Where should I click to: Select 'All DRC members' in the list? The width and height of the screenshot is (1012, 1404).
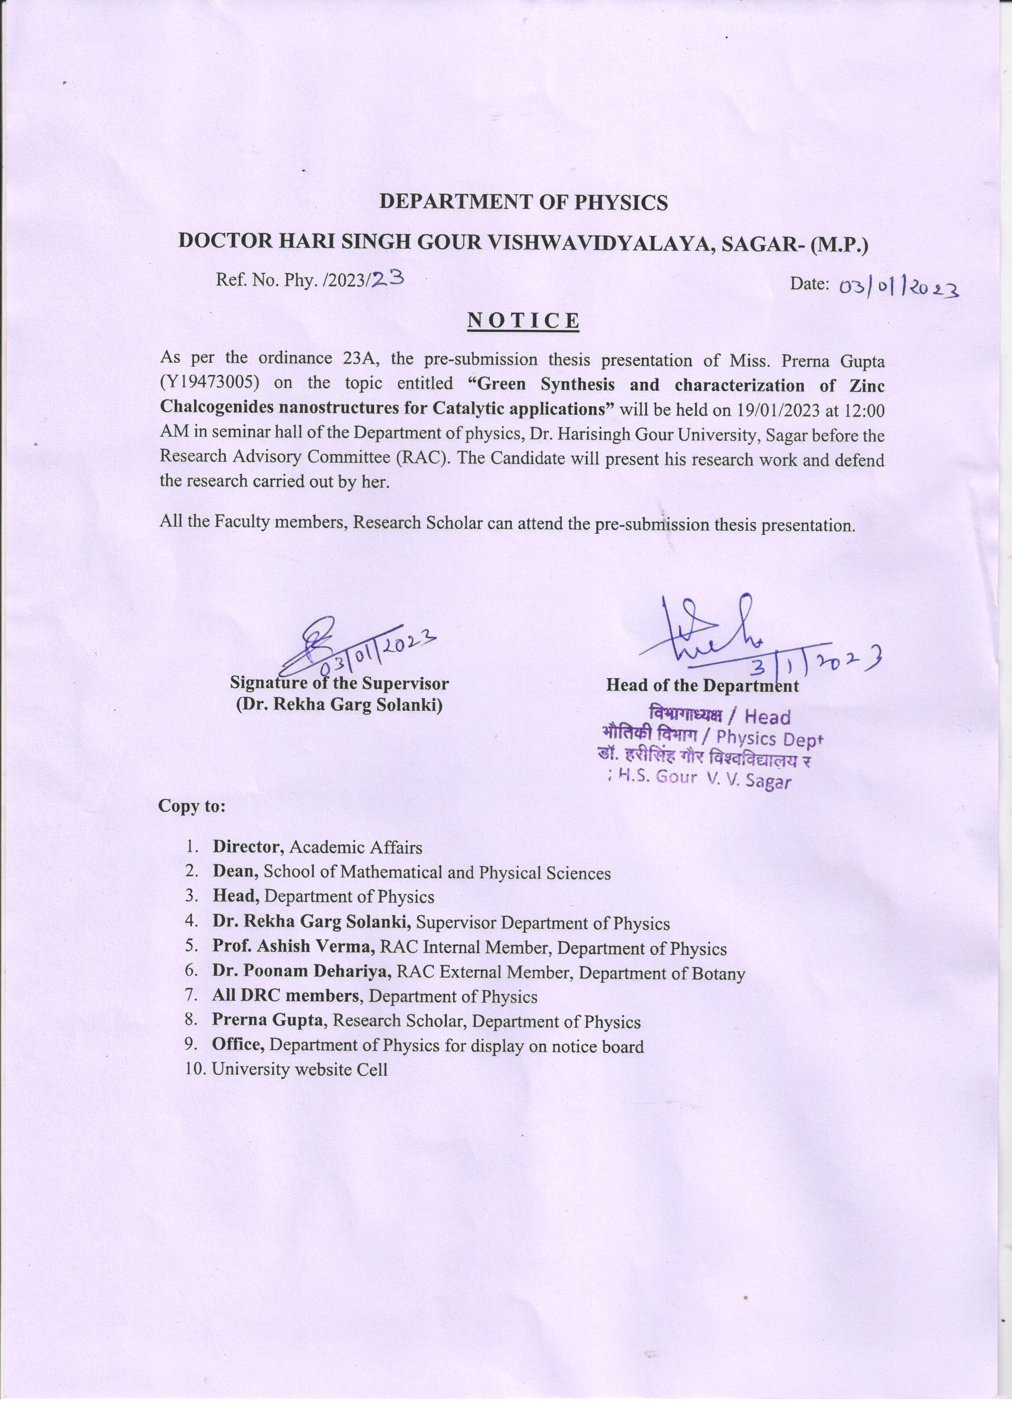(x=285, y=997)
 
